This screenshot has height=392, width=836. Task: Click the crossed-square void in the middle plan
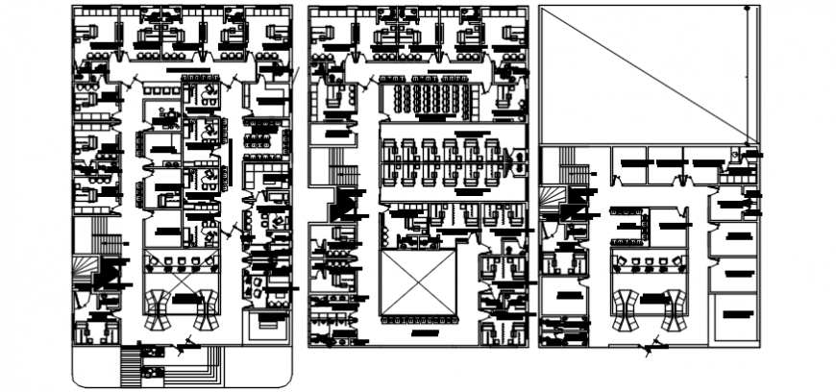[x=418, y=282]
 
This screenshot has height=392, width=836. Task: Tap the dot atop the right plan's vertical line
[x=748, y=8]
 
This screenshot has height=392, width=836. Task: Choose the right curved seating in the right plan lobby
[x=675, y=309]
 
